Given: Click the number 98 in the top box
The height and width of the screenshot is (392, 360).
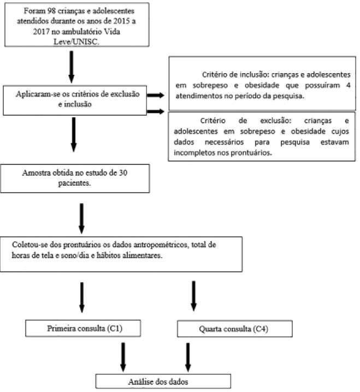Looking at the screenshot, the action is point(52,11).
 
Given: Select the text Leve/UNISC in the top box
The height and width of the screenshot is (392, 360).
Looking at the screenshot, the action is point(76,41).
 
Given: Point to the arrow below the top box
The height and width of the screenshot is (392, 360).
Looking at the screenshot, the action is point(72,67).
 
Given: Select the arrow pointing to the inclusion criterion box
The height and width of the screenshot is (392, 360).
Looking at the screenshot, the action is point(155,95).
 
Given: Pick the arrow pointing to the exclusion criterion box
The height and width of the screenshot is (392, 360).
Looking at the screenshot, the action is point(155,111).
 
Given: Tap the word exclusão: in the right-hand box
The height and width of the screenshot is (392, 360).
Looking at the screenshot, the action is point(276,121).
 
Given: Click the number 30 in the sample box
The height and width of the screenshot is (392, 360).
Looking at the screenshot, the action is point(123,173).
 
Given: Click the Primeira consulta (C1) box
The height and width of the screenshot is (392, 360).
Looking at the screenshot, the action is point(83,328).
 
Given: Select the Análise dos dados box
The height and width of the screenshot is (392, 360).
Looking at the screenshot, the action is point(163,381).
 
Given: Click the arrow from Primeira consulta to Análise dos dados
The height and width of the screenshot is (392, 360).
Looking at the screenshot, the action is point(123,357).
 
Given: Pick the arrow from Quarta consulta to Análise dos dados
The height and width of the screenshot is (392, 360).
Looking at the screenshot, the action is point(188,357).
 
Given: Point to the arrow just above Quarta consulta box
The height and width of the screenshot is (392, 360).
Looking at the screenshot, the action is point(193,296).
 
